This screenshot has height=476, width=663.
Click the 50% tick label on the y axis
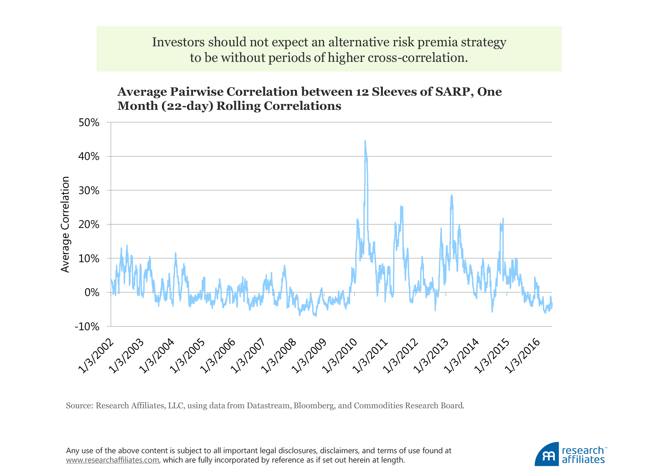pyautogui.click(x=89, y=123)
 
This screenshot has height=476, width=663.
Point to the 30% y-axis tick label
pyautogui.click(x=89, y=191)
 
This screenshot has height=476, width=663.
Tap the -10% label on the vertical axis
pyautogui.click(x=87, y=327)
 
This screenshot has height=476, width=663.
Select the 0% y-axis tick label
pyautogui.click(x=92, y=293)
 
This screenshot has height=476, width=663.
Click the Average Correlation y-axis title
pyautogui.click(x=65, y=225)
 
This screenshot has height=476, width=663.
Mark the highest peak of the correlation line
pyautogui.click(x=365, y=141)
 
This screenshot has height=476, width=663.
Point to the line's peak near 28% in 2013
pyautogui.click(x=451, y=196)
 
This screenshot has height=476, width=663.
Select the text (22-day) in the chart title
pyautogui.click(x=188, y=106)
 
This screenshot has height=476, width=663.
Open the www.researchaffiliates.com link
pyautogui.click(x=113, y=460)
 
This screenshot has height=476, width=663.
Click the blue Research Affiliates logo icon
pyautogui.click(x=547, y=455)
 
